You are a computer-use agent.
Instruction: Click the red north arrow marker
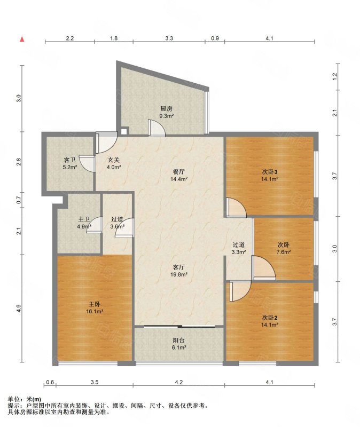coord(22,39)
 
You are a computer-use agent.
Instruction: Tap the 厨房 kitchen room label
coord(166,109)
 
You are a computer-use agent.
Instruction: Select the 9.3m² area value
coord(167,116)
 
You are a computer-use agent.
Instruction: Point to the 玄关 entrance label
coord(114,160)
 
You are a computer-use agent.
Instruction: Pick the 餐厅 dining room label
coord(179,172)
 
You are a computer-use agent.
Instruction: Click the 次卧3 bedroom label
coord(270,172)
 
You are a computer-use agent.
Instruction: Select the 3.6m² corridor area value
coord(118,226)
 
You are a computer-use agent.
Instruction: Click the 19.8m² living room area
coord(179,274)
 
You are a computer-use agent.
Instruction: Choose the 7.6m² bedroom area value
coord(284,252)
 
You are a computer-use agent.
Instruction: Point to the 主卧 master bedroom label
coord(95,304)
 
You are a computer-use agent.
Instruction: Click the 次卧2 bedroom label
coord(270,318)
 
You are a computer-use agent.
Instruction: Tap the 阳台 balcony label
coord(179,341)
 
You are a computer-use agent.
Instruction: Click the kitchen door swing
coord(156,128)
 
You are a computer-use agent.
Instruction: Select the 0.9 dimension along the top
coord(215,38)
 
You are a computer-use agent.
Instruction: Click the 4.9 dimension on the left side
coord(18,309)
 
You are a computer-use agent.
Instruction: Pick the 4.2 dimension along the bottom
coord(179,382)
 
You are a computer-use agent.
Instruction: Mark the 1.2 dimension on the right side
coord(335,76)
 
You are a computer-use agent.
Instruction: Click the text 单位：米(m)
coord(25,399)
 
